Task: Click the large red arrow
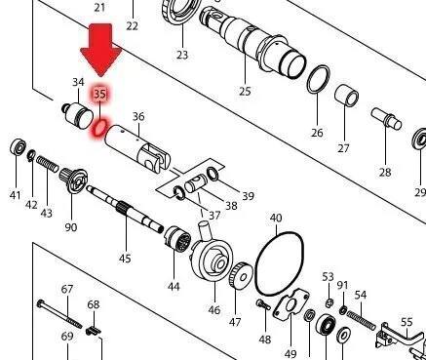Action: (101, 49)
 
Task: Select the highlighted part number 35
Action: (99, 94)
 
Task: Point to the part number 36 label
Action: (138, 117)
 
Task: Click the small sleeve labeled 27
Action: (347, 96)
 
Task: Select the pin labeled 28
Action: (386, 119)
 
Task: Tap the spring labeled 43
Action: (48, 164)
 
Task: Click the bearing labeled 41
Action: (19, 148)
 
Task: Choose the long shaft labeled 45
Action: (125, 208)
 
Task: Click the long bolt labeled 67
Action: (59, 313)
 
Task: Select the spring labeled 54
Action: (361, 320)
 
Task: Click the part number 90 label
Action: (71, 227)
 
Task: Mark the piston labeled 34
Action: (77, 114)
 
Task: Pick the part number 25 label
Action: (245, 91)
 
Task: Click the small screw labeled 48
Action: (263, 304)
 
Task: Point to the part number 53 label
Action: (328, 277)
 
